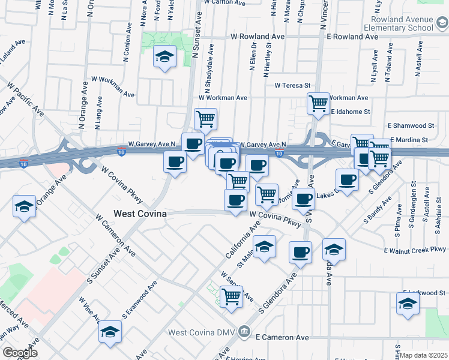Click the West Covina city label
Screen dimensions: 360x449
tap(140, 214)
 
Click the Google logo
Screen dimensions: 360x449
tap(19, 353)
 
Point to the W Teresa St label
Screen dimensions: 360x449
tap(292, 85)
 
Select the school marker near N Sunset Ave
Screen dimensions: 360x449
tap(164, 57)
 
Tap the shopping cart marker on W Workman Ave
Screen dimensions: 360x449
tap(318, 103)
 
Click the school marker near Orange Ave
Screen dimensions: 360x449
tap(24, 207)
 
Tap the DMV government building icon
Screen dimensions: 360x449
tap(244, 331)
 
